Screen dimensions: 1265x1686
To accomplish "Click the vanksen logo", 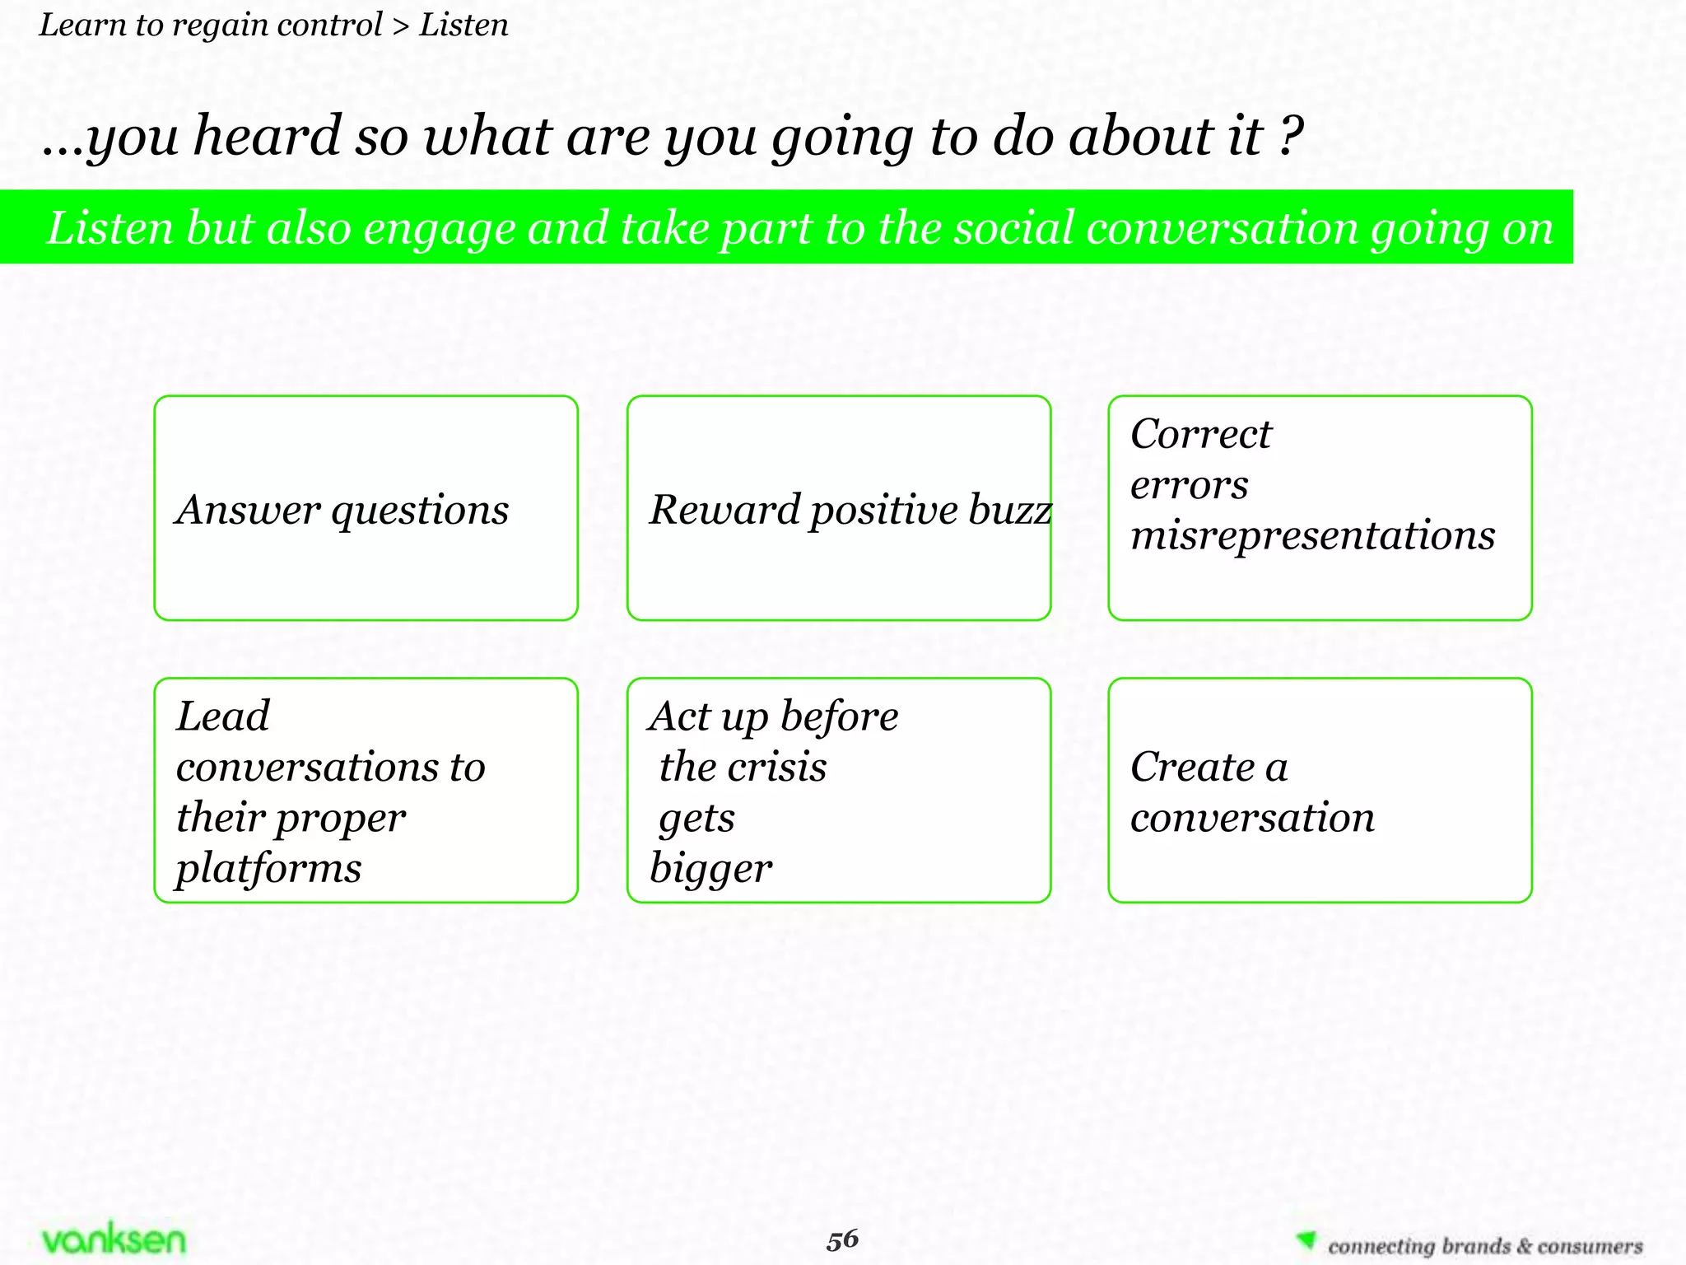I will (114, 1239).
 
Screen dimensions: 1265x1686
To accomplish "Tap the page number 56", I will (842, 1239).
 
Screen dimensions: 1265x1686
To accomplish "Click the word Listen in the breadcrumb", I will (463, 26).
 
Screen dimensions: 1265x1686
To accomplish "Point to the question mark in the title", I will (1291, 136).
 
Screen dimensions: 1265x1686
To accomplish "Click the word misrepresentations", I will (1312, 535).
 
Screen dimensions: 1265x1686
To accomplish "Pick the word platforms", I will (268, 869).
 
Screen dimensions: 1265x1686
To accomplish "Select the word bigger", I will (710, 869).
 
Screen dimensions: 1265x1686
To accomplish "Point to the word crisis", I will (777, 768).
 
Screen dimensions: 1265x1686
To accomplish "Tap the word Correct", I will (1200, 434).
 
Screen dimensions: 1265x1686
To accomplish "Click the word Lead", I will (222, 716).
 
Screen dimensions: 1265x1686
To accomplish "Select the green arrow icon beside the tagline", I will (1306, 1240).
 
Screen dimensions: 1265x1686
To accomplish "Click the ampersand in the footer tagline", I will (1523, 1246).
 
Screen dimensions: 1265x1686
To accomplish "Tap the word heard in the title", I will (267, 136).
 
